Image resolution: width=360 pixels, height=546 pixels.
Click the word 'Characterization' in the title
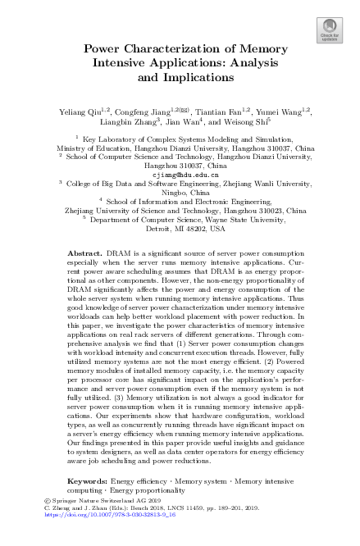pyautogui.click(x=179, y=48)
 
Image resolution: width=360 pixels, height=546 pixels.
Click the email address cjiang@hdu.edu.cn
pyautogui.click(x=180, y=175)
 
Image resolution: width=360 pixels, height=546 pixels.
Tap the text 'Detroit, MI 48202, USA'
pyautogui.click(x=180, y=230)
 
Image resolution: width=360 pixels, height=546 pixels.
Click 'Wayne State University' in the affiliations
pyautogui.click(x=238, y=220)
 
